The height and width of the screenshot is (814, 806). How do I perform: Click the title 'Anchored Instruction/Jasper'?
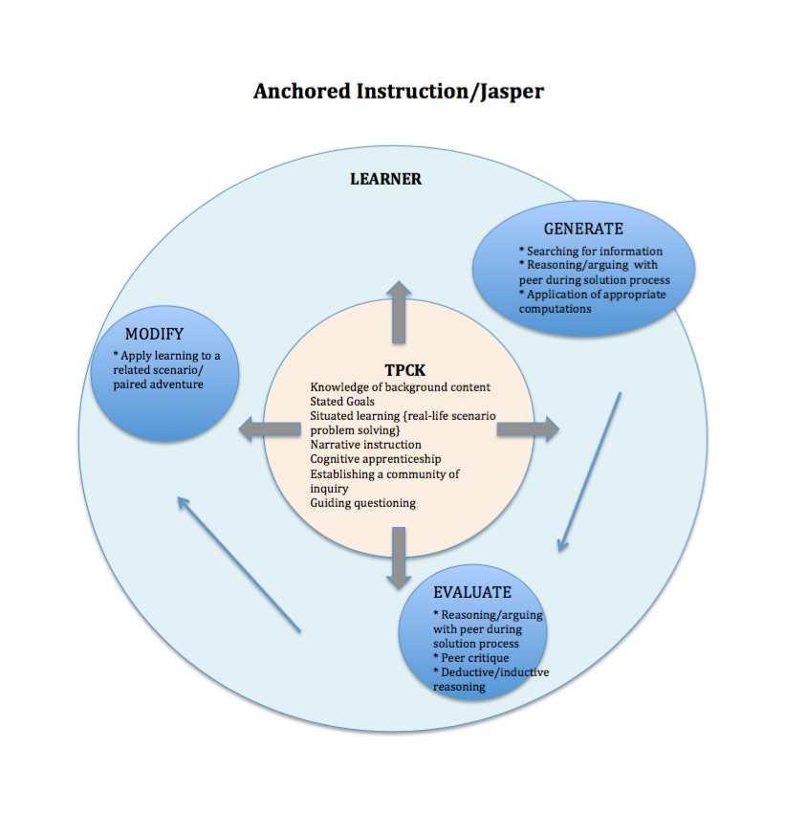(399, 92)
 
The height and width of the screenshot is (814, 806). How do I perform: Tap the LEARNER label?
(385, 179)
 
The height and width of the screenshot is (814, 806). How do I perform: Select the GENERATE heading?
(583, 229)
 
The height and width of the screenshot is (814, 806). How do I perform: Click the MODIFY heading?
(154, 334)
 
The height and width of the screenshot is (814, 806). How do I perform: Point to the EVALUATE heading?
(472, 592)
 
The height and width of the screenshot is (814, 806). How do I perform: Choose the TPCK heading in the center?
(404, 371)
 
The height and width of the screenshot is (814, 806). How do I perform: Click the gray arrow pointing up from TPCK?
(399, 312)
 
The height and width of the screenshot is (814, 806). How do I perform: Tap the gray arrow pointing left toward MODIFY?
(270, 429)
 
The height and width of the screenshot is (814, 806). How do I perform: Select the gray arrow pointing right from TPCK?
(528, 429)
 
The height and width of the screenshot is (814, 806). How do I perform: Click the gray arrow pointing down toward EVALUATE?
(399, 558)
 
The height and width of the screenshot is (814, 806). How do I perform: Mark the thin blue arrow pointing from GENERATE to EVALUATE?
(590, 472)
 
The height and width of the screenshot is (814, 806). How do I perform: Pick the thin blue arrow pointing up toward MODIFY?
(239, 564)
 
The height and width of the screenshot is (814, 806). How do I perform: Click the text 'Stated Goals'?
(342, 402)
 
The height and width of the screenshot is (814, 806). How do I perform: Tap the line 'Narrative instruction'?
(366, 445)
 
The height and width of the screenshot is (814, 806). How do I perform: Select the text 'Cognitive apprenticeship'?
(376, 459)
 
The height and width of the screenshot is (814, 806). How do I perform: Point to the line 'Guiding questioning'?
(362, 503)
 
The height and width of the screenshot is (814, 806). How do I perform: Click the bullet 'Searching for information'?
(591, 252)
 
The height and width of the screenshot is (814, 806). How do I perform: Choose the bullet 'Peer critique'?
(471, 658)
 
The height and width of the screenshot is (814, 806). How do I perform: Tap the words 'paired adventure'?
(159, 385)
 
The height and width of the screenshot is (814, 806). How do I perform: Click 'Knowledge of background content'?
(401, 387)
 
